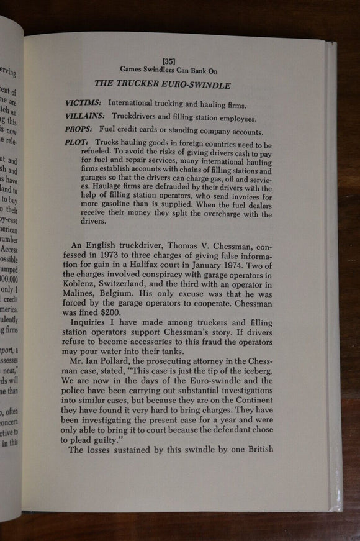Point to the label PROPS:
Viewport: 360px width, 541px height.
[78, 131]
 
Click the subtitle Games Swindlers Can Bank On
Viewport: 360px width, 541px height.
[169, 70]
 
